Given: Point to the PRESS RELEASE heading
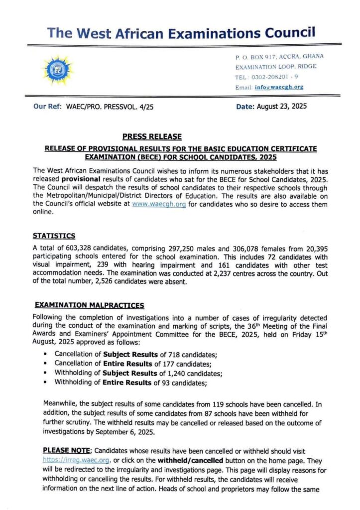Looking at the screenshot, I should pyautogui.click(x=152, y=136).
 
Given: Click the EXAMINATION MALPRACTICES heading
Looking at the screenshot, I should pyautogui.click(x=88, y=305).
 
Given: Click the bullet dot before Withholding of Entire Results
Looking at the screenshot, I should pyautogui.click(x=45, y=383).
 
